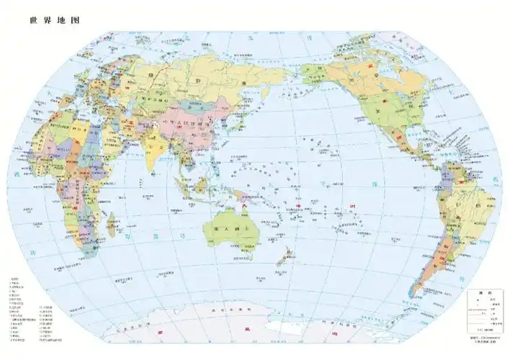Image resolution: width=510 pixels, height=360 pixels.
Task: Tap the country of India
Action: (161, 148)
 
